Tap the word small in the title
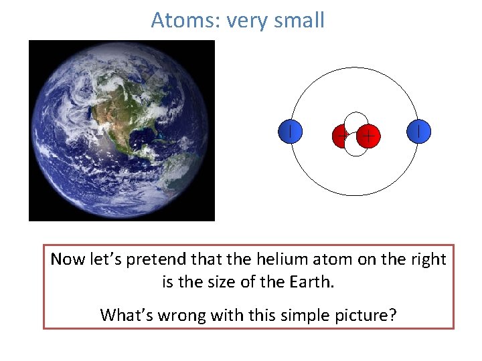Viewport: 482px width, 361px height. coord(298,20)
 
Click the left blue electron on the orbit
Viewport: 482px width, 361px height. coord(290,131)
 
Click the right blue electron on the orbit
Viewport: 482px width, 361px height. coord(418,131)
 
